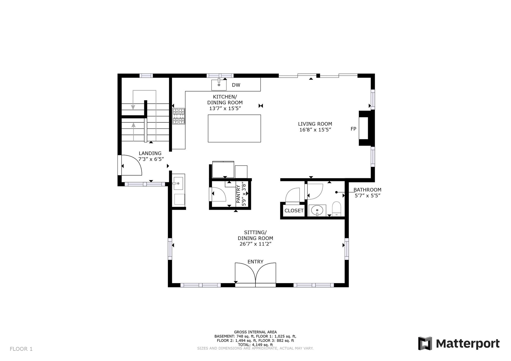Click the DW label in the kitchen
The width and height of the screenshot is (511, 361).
(236, 85)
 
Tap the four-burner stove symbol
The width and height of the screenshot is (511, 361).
(179, 116)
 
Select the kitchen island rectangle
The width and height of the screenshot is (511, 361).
(234, 128)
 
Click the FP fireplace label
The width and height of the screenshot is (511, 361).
(353, 129)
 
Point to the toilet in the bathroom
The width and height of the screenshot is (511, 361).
(337, 209)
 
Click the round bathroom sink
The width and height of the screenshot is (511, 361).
(317, 210)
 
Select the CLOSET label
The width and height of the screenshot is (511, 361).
(294, 211)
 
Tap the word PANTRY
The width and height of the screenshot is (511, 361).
(238, 194)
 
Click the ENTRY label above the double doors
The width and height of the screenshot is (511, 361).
(256, 262)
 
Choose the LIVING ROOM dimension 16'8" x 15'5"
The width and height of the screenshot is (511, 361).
(315, 130)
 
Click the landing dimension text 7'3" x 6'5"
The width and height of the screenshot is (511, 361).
(151, 159)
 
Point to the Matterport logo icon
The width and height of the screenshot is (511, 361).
(425, 343)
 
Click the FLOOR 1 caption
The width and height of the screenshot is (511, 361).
(21, 349)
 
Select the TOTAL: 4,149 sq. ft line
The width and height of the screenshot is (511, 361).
(256, 345)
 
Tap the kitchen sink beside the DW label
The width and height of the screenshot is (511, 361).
(219, 85)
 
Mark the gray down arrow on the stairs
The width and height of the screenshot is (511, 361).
(133, 100)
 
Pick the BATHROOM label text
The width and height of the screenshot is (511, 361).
(367, 190)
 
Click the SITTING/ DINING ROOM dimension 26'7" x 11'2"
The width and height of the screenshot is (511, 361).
(256, 244)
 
